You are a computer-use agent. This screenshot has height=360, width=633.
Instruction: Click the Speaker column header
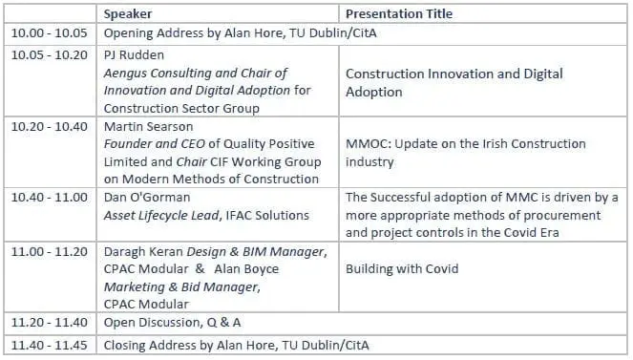click(x=128, y=13)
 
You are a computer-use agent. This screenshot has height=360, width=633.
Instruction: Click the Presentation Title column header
click(x=399, y=13)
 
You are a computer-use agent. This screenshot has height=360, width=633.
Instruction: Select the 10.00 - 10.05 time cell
click(x=50, y=32)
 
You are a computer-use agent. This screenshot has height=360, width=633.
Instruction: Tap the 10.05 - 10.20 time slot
click(x=50, y=54)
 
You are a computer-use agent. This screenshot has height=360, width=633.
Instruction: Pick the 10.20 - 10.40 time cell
click(x=50, y=126)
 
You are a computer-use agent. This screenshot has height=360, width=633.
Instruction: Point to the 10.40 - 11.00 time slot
click(x=50, y=197)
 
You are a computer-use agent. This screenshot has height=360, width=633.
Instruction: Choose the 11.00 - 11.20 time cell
click(x=50, y=251)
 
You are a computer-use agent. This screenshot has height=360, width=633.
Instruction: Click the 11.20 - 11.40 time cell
click(x=50, y=323)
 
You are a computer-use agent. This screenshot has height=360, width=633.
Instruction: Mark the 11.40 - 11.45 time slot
click(x=50, y=345)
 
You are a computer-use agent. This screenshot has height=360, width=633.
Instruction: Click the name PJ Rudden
click(x=134, y=54)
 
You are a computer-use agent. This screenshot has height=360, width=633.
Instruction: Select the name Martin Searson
click(x=148, y=126)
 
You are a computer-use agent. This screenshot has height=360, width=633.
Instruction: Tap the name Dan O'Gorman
click(x=147, y=197)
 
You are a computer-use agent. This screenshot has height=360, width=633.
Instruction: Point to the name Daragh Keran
click(x=143, y=251)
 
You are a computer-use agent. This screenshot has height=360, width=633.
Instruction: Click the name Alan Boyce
click(x=246, y=268)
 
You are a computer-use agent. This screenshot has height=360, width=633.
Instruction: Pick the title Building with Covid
click(x=402, y=268)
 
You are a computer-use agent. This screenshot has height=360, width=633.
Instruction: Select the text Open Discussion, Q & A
click(x=173, y=323)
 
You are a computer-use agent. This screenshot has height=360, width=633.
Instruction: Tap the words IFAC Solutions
click(x=267, y=215)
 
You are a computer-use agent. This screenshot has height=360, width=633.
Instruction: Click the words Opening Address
click(x=154, y=32)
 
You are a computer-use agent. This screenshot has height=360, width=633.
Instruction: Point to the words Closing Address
click(x=150, y=345)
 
